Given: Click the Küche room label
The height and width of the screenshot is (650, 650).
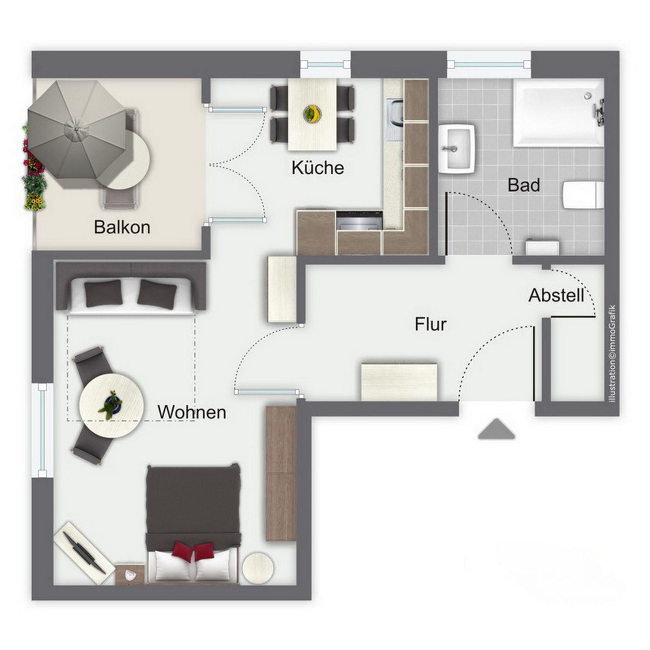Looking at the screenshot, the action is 318,167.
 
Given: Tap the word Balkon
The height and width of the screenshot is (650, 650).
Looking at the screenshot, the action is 122,227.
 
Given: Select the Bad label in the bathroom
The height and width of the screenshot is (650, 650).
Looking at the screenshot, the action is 524,185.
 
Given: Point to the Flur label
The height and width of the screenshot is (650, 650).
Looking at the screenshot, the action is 431,324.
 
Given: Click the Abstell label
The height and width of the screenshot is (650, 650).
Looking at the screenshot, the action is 556,296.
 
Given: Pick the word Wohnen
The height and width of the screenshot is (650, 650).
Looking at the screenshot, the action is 192,412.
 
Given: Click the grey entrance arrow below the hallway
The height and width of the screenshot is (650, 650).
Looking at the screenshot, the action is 497,429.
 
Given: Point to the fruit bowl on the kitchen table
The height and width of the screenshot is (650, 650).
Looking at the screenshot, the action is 311,113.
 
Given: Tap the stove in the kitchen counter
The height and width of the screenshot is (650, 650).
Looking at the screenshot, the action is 359,221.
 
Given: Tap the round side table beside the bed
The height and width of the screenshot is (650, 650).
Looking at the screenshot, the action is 258,567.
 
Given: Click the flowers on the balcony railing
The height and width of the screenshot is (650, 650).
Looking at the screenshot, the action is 34,169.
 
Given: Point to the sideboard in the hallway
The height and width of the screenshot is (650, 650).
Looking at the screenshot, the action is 399,382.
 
